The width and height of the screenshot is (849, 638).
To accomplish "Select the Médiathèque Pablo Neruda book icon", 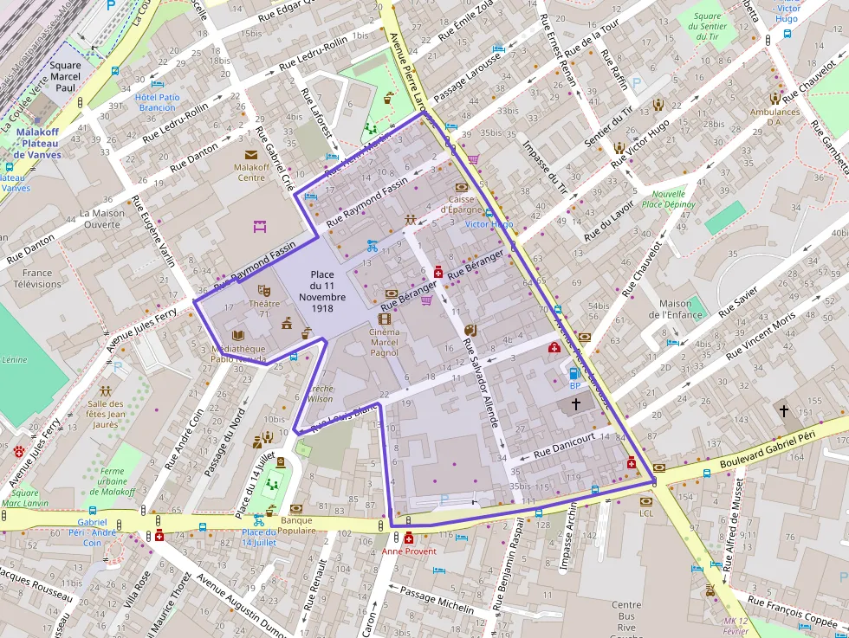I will coord(238,336).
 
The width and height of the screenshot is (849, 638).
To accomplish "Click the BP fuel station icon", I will coord(574,373).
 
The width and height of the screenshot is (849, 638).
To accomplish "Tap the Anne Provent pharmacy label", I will coord(409,551).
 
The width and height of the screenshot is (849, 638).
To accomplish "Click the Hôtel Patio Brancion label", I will coord(158,102).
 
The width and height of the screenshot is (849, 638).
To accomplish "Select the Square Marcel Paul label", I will coord(66,76).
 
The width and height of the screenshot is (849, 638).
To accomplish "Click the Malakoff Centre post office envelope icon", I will coord(250,155).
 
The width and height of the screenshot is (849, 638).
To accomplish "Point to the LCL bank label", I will coord(645,513).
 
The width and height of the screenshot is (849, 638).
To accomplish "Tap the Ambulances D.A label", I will coord(774,117).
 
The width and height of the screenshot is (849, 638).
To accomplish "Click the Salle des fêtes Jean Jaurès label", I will coord(105,414).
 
